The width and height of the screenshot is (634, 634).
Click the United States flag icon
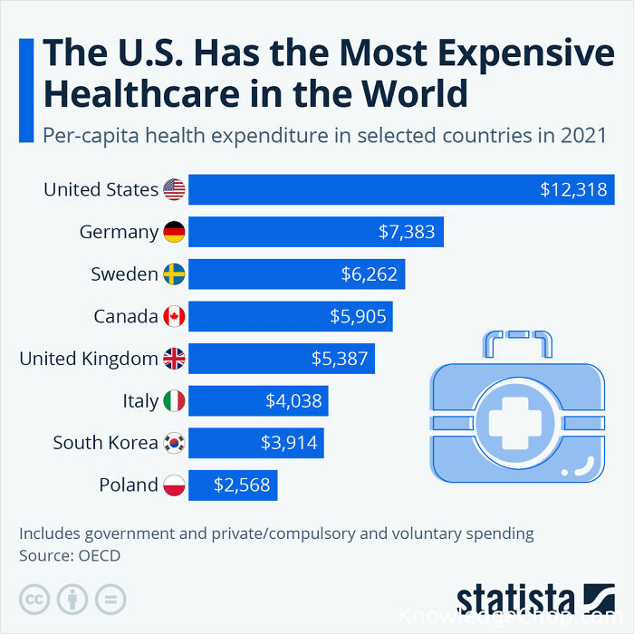pyautogui.click(x=174, y=190)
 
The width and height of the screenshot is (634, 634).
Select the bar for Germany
pyautogui.click(x=317, y=233)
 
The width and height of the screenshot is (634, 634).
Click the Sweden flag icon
pyautogui.click(x=174, y=274)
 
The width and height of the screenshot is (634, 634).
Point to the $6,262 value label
pyautogui.click(x=370, y=274)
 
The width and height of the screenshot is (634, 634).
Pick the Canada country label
pyautogui.click(x=126, y=317)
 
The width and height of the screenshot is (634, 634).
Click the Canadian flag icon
pyautogui.click(x=174, y=317)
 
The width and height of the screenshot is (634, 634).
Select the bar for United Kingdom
pyautogui.click(x=282, y=359)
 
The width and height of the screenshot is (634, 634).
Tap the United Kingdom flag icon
pyautogui.click(x=174, y=359)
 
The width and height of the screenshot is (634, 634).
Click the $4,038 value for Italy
pyautogui.click(x=293, y=400)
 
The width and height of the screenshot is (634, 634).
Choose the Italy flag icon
pyautogui.click(x=174, y=400)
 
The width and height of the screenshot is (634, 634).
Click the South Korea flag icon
pyautogui.click(x=174, y=443)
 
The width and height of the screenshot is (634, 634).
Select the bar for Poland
pyautogui.click(x=233, y=485)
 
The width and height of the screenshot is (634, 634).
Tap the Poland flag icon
pyautogui.click(x=174, y=485)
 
